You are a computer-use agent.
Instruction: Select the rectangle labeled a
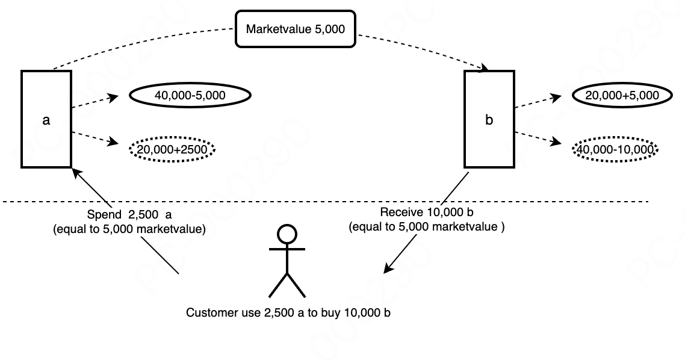pos(46,119)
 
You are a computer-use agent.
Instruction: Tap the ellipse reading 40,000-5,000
pos(190,95)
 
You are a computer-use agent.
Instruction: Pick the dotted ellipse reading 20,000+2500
pos(172,149)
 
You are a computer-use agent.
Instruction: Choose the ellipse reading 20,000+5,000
pos(621,95)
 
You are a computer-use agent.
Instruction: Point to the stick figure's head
pos(287,233)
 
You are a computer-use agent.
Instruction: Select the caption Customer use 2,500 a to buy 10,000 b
pos(288,313)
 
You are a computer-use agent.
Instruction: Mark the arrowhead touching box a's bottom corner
pos(75,172)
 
